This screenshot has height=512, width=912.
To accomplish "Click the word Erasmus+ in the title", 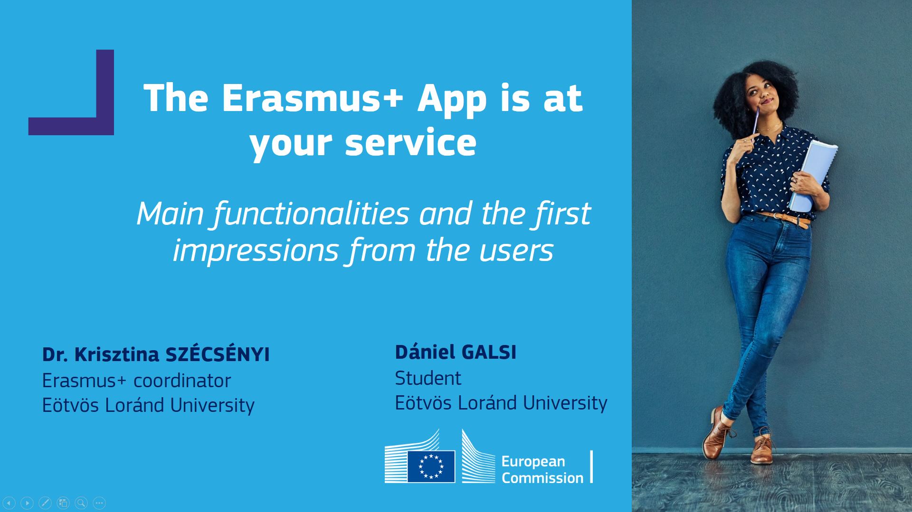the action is coord(312,98).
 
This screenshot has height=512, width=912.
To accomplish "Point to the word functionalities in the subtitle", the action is coord(311,214).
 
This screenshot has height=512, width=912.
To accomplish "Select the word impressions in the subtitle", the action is coord(256,250).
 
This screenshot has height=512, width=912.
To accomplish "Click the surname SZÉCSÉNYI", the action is coord(218,354).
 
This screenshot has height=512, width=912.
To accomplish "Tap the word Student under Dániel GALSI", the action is coord(428,378).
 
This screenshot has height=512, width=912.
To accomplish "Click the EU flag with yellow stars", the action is coord(431,466).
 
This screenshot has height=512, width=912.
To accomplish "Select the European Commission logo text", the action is coord(542,469).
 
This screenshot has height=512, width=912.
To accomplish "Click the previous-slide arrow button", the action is coord(9,503).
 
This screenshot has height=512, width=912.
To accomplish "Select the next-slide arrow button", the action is coord(27,503).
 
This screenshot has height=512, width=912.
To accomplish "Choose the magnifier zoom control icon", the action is coord(81,503).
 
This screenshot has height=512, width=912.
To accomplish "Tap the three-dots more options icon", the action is coord(99,503).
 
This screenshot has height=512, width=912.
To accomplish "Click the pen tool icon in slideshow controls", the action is coord(45,503).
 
